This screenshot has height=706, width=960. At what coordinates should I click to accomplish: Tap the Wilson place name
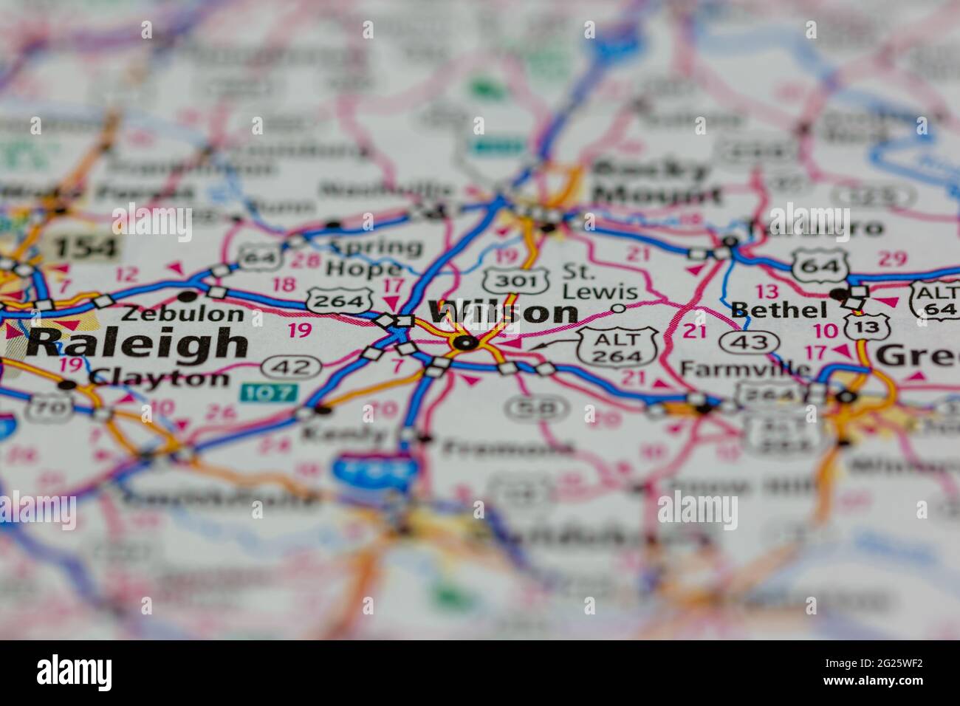point(503,312)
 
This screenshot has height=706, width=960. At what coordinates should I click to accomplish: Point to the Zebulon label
point(182,313)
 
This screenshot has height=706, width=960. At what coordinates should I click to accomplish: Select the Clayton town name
point(159,378)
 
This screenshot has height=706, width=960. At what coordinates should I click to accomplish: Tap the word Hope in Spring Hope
point(365,269)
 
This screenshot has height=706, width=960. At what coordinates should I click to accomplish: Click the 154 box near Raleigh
point(86,247)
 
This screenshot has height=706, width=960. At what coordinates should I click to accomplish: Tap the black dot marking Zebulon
point(188,296)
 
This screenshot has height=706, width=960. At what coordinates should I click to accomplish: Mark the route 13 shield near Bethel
point(860,326)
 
